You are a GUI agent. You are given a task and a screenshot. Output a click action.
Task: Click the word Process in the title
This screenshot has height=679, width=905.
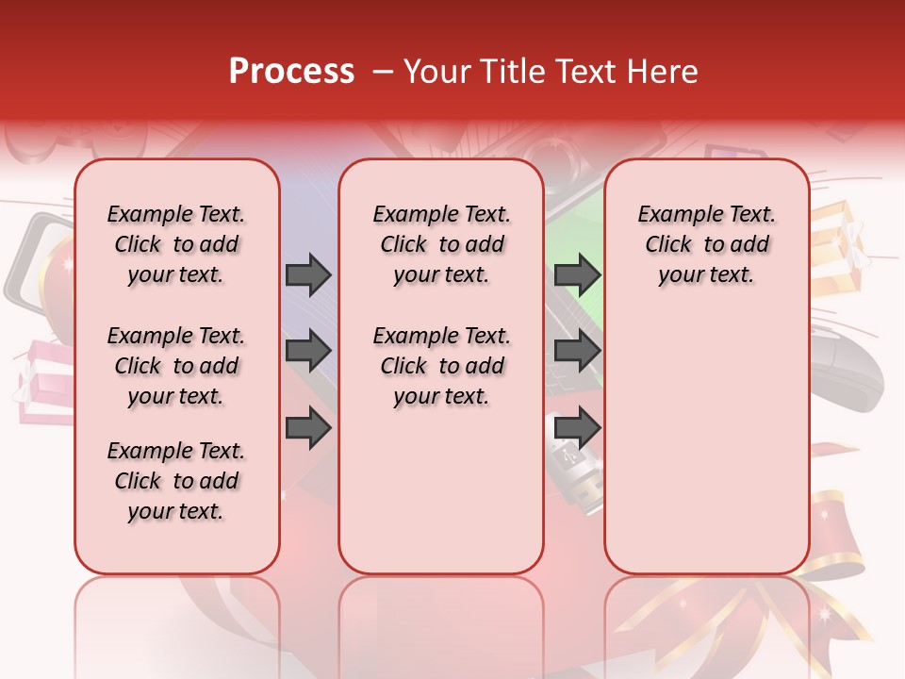(291, 72)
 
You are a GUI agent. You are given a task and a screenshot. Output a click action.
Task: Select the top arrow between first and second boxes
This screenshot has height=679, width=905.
(308, 274)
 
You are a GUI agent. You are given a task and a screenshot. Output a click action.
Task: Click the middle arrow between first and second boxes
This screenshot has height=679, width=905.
(308, 352)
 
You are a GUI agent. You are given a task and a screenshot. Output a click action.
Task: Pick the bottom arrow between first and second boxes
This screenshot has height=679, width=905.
(308, 428)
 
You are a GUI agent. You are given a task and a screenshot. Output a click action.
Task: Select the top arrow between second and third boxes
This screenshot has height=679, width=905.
(577, 274)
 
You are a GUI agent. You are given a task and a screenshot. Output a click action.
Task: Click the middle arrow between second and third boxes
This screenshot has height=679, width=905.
(577, 352)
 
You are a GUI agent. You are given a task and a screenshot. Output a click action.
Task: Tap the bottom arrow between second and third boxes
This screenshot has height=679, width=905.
(577, 428)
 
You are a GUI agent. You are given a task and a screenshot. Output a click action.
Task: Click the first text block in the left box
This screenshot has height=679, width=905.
(176, 244)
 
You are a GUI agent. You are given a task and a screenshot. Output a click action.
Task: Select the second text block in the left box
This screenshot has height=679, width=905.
(176, 366)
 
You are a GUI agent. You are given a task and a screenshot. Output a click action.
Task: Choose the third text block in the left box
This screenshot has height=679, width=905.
(176, 481)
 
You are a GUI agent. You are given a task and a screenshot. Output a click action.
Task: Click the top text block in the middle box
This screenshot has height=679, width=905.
(441, 244)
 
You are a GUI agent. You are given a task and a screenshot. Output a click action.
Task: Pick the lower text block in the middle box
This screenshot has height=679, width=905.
(441, 366)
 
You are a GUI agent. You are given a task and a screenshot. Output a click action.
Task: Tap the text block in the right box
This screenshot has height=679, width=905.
(706, 244)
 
